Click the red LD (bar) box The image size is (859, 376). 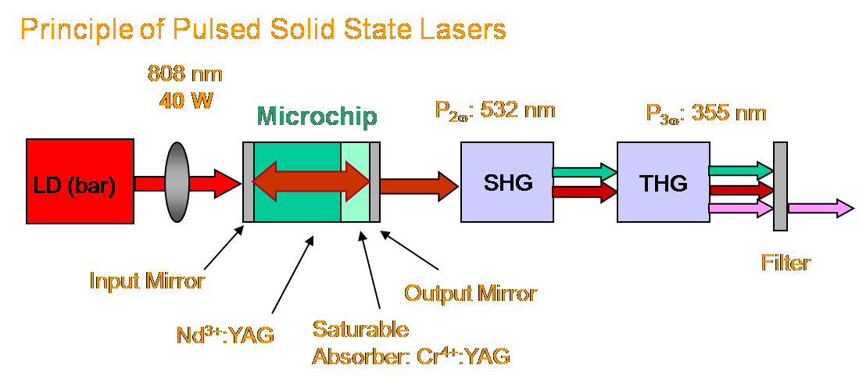(80, 181)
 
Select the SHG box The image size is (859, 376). (506, 182)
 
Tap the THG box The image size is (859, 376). (663, 182)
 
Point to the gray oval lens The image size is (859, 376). (177, 182)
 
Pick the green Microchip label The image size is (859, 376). (317, 116)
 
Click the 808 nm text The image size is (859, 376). (185, 73)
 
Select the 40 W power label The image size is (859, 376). (185, 101)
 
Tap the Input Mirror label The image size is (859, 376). (148, 281)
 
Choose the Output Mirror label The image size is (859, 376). (470, 293)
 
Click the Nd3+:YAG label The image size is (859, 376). (225, 334)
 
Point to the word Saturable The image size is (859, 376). (361, 329)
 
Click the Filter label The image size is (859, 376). (786, 263)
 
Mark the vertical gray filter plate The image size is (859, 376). (780, 186)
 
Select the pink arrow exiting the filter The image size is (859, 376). (821, 208)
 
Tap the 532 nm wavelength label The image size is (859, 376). (518, 110)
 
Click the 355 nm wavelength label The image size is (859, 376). (729, 113)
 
